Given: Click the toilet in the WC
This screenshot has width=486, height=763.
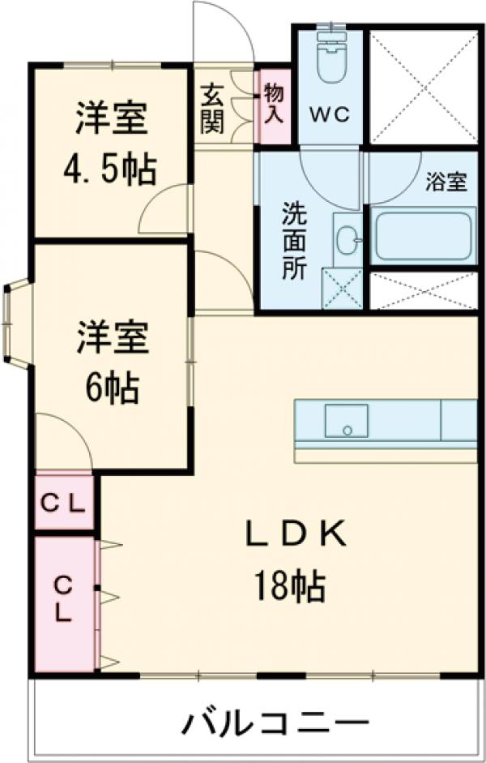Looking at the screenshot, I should [x=330, y=58].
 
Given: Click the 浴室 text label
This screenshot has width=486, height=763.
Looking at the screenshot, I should [x=446, y=182].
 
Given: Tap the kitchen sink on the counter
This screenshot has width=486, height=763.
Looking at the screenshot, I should [x=346, y=421].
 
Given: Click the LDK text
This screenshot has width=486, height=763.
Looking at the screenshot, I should [x=296, y=534].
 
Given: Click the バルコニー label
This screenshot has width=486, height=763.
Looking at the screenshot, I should [x=275, y=720].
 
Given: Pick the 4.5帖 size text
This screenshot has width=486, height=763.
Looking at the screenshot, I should [x=112, y=169].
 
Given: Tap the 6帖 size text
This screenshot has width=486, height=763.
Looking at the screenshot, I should [x=112, y=389].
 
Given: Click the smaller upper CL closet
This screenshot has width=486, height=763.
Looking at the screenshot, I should [x=63, y=504].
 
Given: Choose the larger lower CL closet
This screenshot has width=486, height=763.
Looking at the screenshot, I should [x=63, y=600].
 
